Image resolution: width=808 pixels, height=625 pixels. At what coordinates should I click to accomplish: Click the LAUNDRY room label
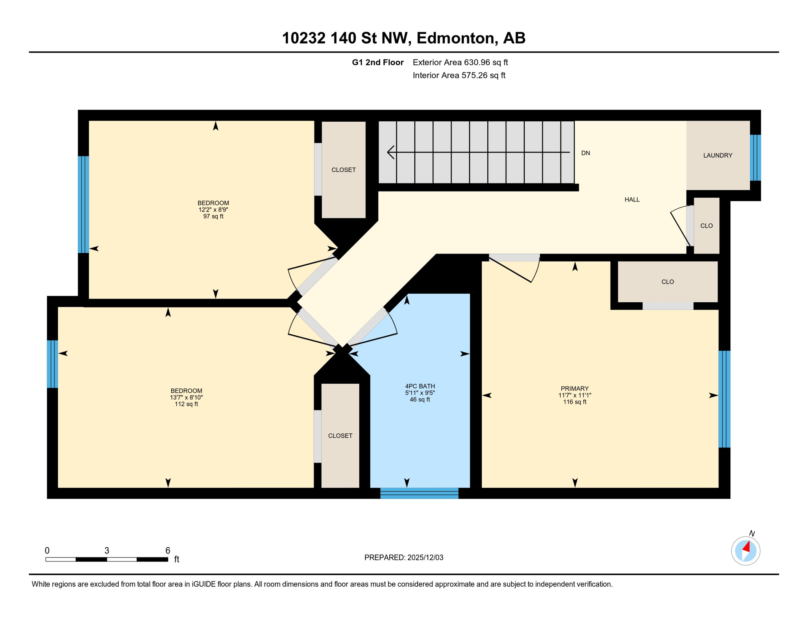[717, 155]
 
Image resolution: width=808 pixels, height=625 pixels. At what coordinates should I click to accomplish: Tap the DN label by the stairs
[585, 153]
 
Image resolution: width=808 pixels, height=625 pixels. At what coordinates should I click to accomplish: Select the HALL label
[632, 199]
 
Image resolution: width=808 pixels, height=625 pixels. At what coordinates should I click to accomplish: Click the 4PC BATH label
[420, 386]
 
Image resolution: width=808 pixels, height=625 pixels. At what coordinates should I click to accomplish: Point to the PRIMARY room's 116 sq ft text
[574, 402]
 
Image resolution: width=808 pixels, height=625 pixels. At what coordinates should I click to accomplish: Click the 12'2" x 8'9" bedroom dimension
[213, 210]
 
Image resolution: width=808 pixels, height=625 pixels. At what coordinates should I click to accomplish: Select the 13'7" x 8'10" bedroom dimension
[186, 398]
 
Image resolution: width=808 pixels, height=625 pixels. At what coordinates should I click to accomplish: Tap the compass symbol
[745, 551]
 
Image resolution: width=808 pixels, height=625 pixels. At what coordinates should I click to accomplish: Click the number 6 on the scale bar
[167, 551]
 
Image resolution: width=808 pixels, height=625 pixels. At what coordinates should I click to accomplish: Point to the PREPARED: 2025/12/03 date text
[404, 557]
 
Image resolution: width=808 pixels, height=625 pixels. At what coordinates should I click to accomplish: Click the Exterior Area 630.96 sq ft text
[460, 62]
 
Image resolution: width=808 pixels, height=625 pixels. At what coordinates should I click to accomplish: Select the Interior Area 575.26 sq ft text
[459, 75]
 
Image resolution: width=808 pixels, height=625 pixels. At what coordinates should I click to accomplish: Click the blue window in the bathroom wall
[419, 493]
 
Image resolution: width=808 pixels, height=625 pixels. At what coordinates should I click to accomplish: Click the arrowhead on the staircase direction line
[391, 152]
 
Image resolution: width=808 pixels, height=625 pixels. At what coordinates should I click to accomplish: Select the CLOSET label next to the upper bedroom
[343, 170]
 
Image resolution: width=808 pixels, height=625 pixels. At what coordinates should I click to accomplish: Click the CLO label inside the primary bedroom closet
[667, 282]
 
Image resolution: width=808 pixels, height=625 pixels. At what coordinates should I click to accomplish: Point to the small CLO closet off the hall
[706, 226]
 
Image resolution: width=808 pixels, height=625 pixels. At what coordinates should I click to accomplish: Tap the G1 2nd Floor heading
[378, 62]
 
